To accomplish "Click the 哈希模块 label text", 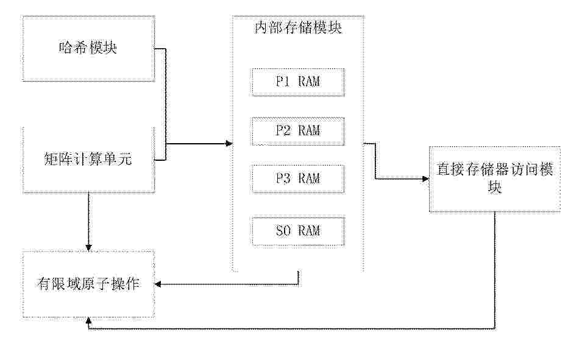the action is tap(88, 48).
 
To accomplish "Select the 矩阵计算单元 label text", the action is tap(88, 158).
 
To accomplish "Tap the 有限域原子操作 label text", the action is tap(88, 284).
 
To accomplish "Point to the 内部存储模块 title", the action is tap(298, 27).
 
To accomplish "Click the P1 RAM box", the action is tap(298, 82).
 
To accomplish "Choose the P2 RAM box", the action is tap(298, 131).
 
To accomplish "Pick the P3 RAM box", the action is tap(298, 179).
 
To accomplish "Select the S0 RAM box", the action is tap(298, 231).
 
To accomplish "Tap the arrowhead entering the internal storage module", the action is tap(229, 143).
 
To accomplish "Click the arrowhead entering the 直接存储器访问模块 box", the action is tap(425, 178).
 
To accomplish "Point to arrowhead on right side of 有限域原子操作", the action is tap(158, 284).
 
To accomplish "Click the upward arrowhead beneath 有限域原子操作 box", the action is tap(88, 321).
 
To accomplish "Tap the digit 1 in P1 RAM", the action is tap(287, 82).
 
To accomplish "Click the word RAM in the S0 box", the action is tap(309, 231).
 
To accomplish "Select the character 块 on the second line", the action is tap(495, 187).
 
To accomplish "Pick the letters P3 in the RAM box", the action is tap(283, 178).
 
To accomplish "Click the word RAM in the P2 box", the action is tap(309, 130).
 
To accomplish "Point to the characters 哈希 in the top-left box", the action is tap(73, 48).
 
